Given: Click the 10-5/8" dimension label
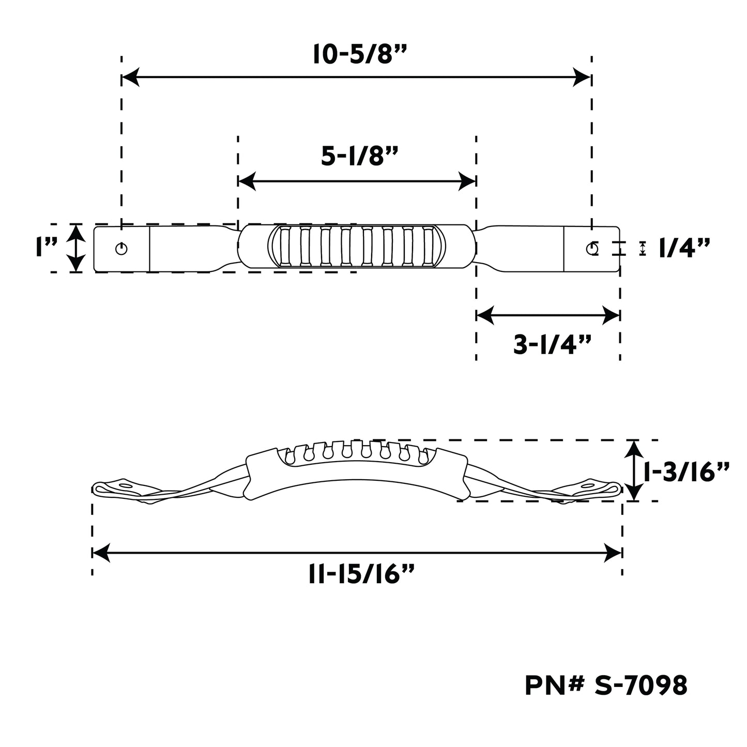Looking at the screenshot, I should pos(357,54).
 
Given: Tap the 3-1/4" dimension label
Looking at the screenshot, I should pos(552,345).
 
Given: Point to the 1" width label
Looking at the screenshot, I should pos(47,248).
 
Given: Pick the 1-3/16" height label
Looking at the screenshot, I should pos(686,471).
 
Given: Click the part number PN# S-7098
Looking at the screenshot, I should pos(606,685).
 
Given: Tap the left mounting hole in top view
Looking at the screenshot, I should pos(121,249).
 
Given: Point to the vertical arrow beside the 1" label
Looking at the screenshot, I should pos(76,248).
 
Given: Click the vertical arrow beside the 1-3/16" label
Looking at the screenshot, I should pos(632,470).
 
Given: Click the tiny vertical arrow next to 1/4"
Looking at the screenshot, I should pos(643,249).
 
